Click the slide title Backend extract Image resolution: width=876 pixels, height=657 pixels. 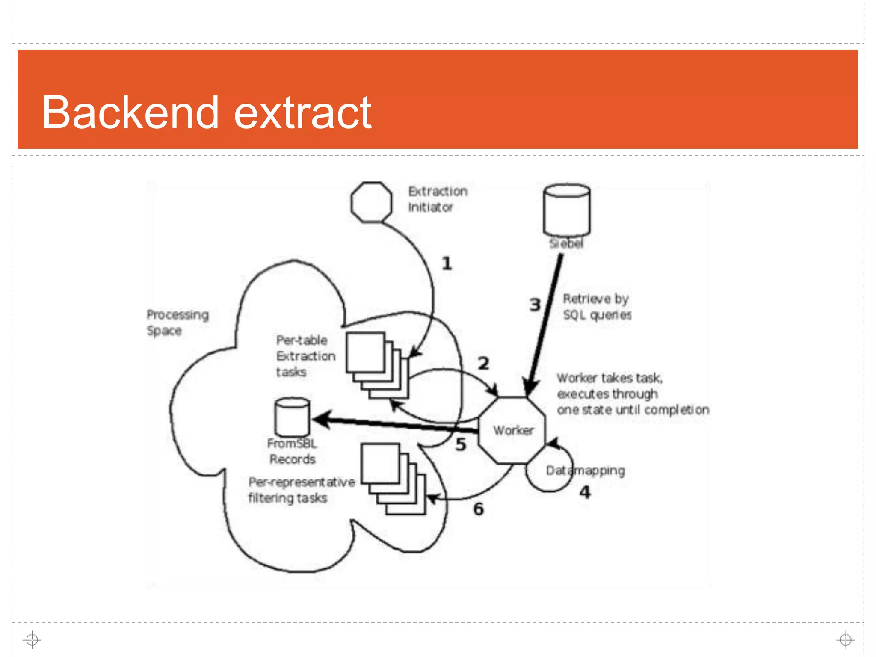pos(207,112)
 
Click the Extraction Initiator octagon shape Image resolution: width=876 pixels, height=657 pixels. pos(371,202)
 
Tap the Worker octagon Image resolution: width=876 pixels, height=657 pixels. pos(512,430)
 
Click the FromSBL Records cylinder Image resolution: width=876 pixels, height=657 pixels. pos(292,417)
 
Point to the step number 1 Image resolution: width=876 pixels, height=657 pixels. pos(447,263)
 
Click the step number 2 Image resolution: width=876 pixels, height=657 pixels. pos(483,364)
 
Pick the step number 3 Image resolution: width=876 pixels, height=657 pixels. pos(535,305)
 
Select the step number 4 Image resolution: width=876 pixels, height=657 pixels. pos(585,492)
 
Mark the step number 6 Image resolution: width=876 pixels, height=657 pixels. pos(478,509)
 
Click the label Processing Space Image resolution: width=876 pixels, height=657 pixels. pos(177,323)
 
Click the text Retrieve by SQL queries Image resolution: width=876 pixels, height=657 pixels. pos(597,307)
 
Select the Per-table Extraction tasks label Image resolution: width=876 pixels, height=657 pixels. pos(305,356)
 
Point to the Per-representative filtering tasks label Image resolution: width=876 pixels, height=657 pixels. pos(301,490)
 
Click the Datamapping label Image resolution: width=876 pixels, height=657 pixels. pos(585,471)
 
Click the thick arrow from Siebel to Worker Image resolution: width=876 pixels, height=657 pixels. pos(545,325)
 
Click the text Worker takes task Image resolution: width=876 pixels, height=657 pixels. pos(610,378)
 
